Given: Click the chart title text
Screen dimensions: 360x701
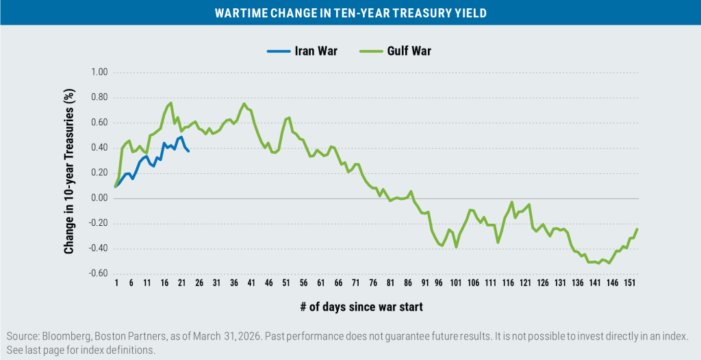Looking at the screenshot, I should pos(350,13).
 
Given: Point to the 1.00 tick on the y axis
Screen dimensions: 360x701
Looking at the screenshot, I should pos(100,73).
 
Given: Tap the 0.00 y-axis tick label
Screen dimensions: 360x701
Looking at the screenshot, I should pos(100,198).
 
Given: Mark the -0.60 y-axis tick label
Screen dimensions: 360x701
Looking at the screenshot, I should pos(99,274).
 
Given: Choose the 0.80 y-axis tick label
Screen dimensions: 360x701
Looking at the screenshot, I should pos(100,98).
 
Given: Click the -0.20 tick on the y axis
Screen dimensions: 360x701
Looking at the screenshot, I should pos(99,224).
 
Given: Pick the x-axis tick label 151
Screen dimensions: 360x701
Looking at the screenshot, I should pos(630,283).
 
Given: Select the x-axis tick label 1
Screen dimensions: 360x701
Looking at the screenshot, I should pos(116,283).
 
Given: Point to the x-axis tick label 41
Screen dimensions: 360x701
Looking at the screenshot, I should pos(251,283).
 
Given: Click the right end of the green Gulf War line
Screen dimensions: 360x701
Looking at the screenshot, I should pos(637,229).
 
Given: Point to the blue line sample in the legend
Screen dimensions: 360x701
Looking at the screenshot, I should pos(277,50).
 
